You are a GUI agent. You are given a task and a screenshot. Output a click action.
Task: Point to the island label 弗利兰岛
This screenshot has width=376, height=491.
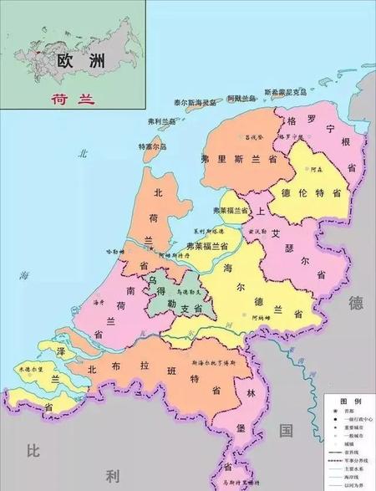coord(160,122)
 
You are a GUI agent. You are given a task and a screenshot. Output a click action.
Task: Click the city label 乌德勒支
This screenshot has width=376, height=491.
coord(190,292)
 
